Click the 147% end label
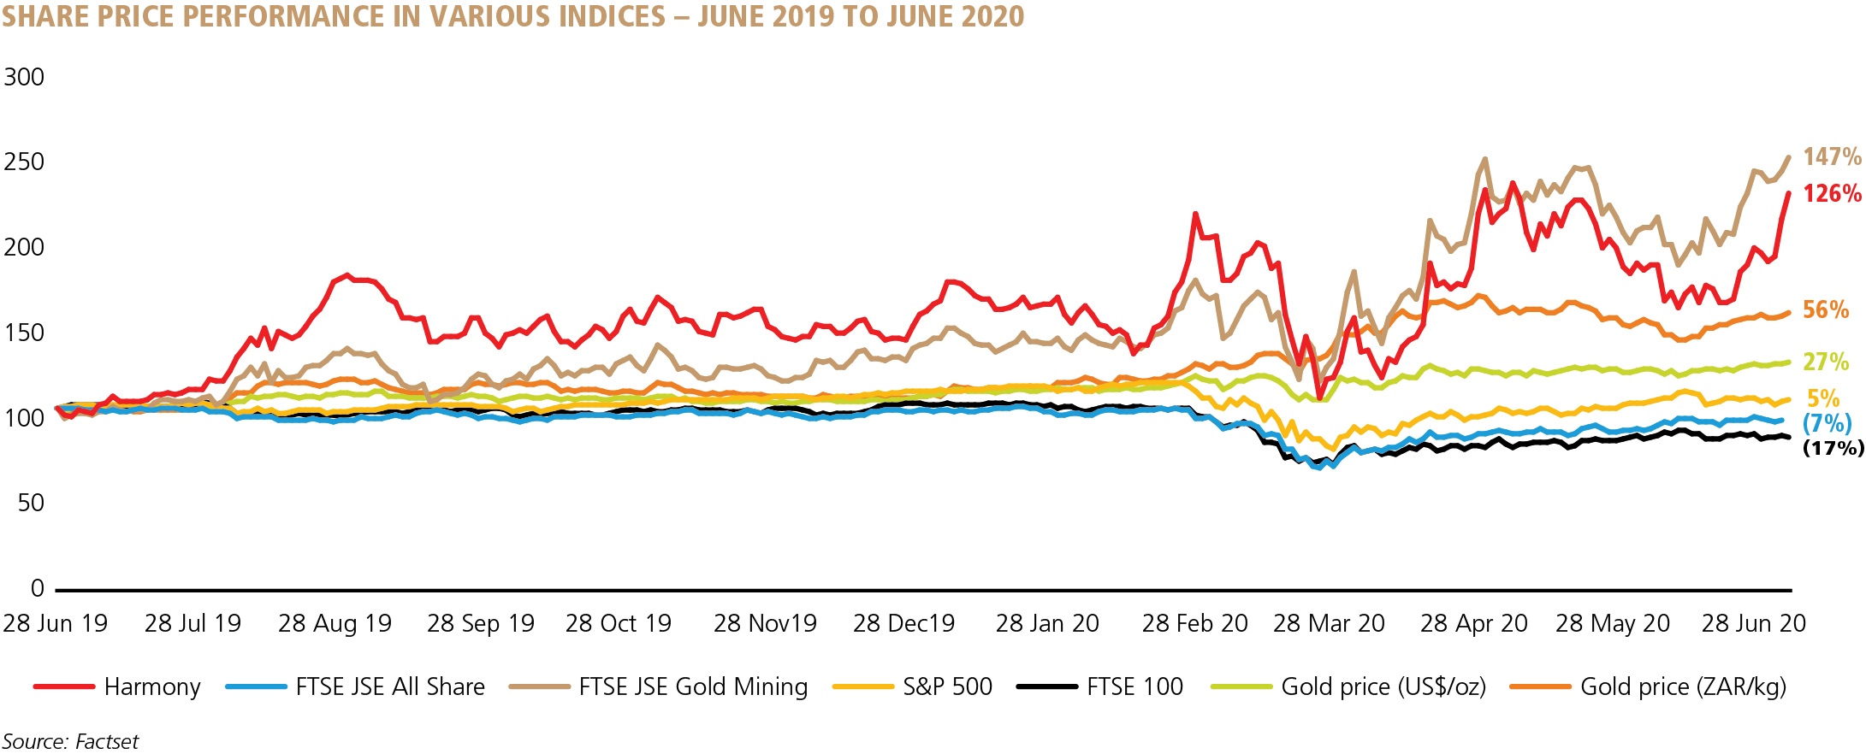click(1832, 156)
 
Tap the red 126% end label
click(1832, 194)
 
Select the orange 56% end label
click(1826, 310)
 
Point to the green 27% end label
click(1826, 362)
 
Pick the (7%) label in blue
click(1827, 423)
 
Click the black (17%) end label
click(1833, 448)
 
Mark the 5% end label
click(1823, 398)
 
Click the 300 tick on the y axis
click(24, 77)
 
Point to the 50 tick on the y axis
click(31, 503)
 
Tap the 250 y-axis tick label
click(24, 162)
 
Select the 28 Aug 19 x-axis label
click(335, 624)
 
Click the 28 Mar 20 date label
click(1329, 624)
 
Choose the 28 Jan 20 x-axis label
click(1047, 624)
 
